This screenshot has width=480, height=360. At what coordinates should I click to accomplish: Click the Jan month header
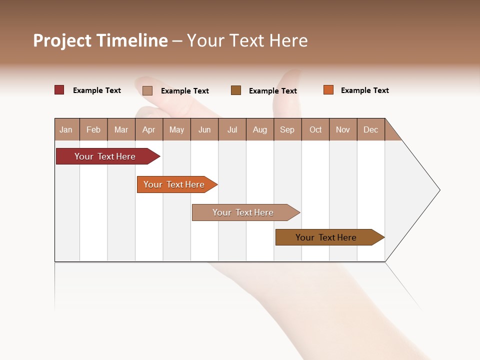coord(66,129)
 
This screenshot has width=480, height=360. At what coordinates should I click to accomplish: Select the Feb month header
coord(93,129)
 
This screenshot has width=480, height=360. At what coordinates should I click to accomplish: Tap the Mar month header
coord(121,129)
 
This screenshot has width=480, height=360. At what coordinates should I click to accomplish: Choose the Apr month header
coord(148,129)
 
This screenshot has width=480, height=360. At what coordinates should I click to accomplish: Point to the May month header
coord(176,129)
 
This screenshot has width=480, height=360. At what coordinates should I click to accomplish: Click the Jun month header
coord(204,129)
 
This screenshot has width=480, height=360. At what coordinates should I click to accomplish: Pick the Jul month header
coord(232,129)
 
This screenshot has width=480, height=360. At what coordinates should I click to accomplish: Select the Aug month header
coord(260,129)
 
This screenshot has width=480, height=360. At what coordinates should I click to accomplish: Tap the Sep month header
coord(287,129)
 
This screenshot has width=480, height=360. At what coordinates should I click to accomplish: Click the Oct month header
coord(315,129)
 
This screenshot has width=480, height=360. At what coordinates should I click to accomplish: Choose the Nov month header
coord(343,129)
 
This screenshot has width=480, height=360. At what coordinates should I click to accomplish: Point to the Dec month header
coord(370,129)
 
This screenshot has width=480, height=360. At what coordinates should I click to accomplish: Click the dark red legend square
coord(59,90)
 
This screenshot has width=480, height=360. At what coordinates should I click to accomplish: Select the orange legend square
coord(328,90)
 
